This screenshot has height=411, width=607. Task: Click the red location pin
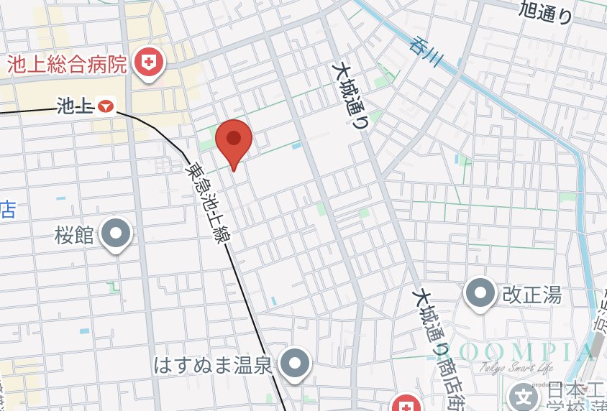pyautogui.click(x=233, y=141)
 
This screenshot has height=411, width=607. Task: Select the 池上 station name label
pyautogui.click(x=75, y=108)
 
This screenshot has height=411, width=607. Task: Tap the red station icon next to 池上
pyautogui.click(x=106, y=107)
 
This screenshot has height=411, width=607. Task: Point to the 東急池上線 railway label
pyautogui.click(x=207, y=204)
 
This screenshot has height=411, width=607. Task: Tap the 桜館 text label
pyautogui.click(x=74, y=235)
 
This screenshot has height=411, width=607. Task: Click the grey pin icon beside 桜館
pyautogui.click(x=116, y=234)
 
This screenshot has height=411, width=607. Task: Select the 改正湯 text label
pyautogui.click(x=531, y=294)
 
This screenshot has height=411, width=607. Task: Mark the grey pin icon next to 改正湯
pyautogui.click(x=481, y=292)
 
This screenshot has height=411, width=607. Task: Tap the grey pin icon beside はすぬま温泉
pyautogui.click(x=294, y=364)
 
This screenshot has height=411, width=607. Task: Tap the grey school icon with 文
pyautogui.click(x=524, y=396)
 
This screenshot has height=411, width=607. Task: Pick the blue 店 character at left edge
pyautogui.click(x=7, y=210)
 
